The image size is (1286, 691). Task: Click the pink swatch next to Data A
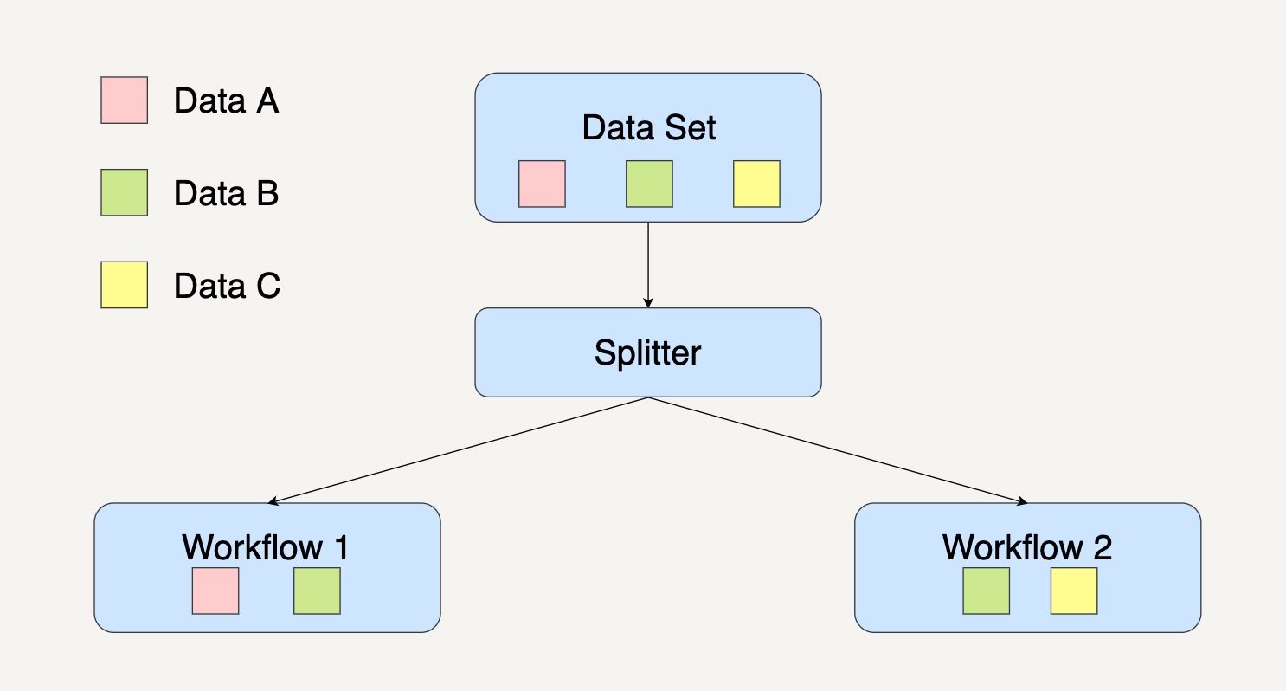(124, 100)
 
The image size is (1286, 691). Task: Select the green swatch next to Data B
(124, 192)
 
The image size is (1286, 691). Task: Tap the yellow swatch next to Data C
(124, 285)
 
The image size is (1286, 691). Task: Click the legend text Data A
(226, 101)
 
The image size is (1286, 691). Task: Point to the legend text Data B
(226, 193)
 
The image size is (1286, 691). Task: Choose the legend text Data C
(227, 286)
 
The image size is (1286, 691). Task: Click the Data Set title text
(648, 128)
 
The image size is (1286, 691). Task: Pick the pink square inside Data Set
(542, 184)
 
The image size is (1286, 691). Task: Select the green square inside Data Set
(649, 184)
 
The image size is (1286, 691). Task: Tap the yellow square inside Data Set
(756, 184)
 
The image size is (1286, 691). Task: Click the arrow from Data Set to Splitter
(648, 264)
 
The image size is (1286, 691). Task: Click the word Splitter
(647, 353)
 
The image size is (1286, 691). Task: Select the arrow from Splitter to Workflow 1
(459, 449)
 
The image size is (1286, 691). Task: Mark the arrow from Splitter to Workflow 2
(838, 449)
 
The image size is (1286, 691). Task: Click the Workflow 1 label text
(266, 547)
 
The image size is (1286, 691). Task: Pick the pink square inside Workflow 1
(215, 591)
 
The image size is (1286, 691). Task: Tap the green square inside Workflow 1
(317, 591)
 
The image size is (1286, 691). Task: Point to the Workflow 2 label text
(1026, 547)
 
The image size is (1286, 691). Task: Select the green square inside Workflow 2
(986, 591)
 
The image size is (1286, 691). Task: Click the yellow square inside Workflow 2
(1074, 591)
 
